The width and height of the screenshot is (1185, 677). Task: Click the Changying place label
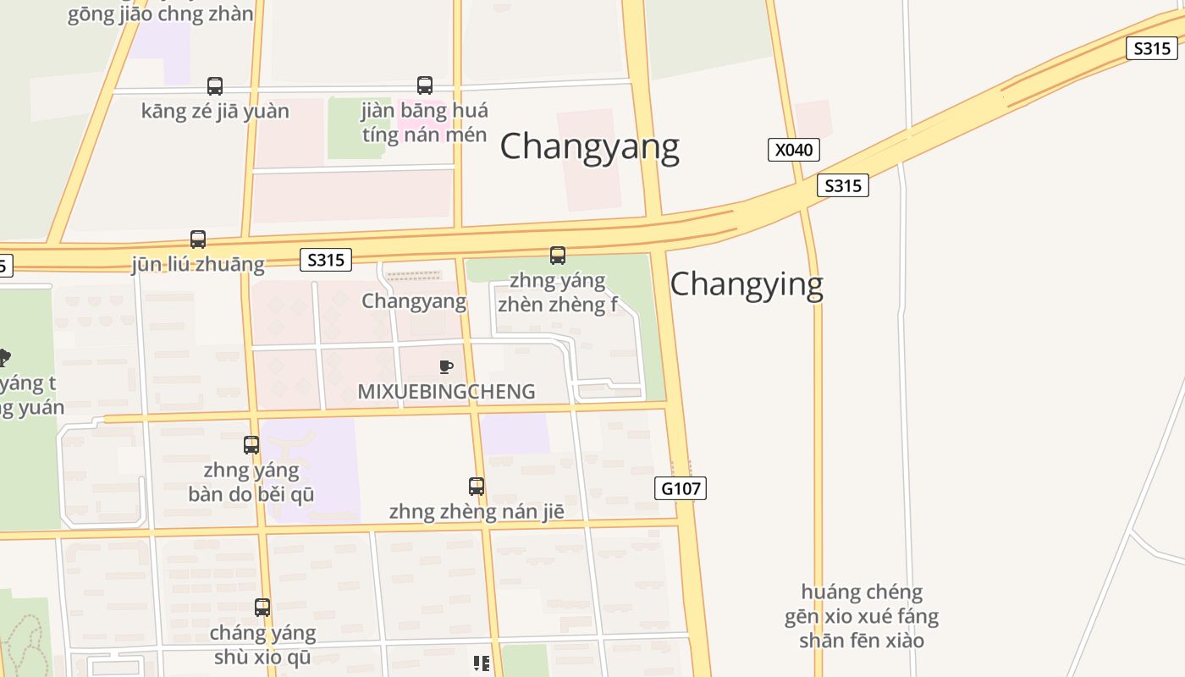[x=747, y=284]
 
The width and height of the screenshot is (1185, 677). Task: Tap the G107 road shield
[x=681, y=488]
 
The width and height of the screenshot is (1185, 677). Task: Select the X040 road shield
[x=793, y=150]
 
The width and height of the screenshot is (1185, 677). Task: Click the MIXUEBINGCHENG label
[x=446, y=392]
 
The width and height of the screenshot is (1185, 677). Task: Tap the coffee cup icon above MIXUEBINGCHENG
[x=446, y=366]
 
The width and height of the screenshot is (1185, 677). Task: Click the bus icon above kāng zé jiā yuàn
[x=215, y=85]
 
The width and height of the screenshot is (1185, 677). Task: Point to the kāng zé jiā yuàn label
[x=215, y=111]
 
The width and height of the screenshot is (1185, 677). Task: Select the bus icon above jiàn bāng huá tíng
[x=425, y=85]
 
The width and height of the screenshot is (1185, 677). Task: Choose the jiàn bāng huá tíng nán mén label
[x=425, y=123]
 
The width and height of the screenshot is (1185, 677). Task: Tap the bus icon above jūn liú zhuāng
[x=198, y=239]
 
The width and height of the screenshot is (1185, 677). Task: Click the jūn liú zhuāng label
[x=198, y=264]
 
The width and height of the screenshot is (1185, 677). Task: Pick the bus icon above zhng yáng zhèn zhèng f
[x=558, y=256]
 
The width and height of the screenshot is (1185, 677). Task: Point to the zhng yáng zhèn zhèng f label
[x=558, y=292]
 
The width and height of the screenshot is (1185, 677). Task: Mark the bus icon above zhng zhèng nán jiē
[x=477, y=487]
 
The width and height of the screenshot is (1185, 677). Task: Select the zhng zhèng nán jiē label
[x=477, y=512]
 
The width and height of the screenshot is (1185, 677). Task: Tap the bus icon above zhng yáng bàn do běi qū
[x=251, y=445]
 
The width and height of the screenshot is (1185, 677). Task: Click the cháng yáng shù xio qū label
[x=262, y=645]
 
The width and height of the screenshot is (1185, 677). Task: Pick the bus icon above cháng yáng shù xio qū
[x=262, y=608]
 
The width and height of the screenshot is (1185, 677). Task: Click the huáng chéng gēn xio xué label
[x=862, y=615]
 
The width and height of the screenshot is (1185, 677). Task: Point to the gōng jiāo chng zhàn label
[x=161, y=14]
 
